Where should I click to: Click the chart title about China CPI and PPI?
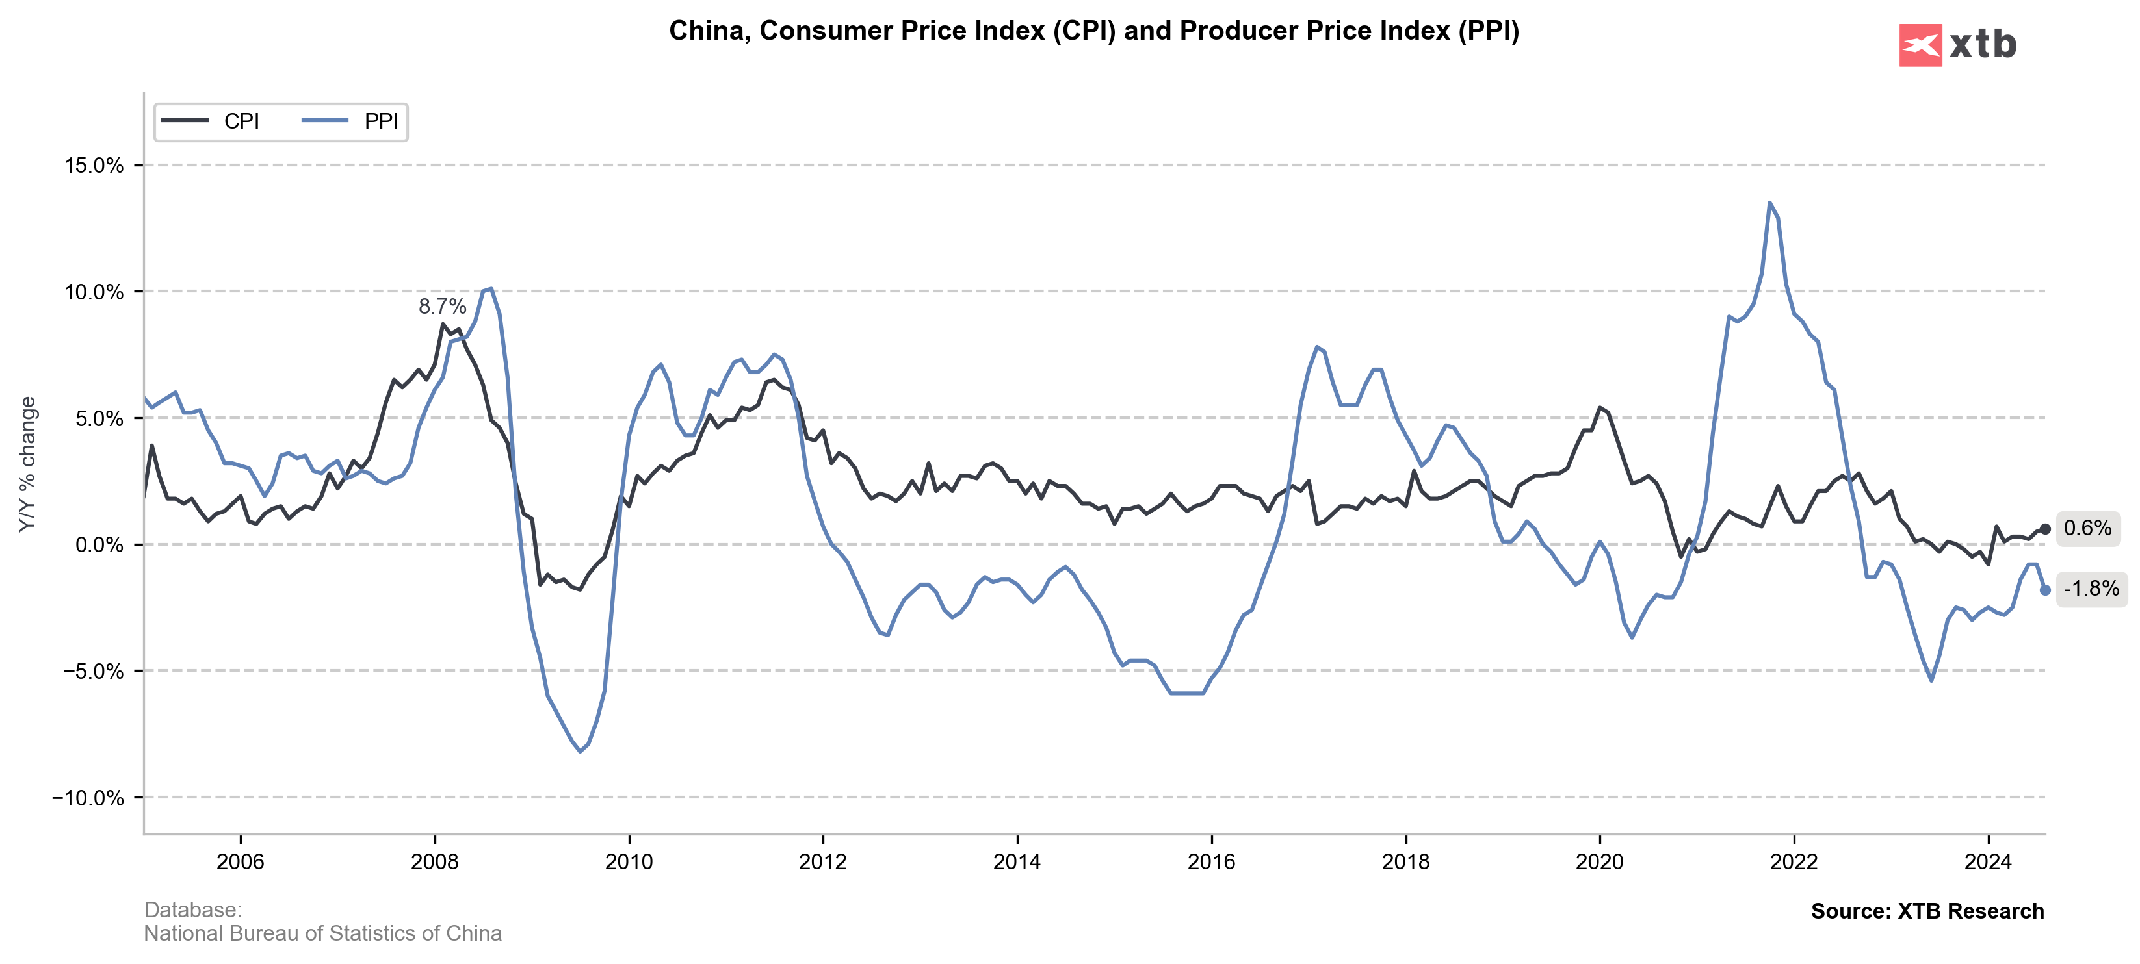1094,31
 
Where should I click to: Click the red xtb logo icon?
1920,45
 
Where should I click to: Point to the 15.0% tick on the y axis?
94,165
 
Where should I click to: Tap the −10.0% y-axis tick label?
88,798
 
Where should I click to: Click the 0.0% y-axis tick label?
99,545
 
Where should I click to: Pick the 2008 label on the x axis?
434,862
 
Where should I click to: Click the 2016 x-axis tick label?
1211,862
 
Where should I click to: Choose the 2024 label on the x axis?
1988,862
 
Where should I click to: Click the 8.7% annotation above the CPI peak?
442,307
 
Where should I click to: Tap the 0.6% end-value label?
2087,528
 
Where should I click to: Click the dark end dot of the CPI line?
2045,529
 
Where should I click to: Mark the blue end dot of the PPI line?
2045,590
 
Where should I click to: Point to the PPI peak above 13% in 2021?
1769,203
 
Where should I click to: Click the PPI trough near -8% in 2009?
580,752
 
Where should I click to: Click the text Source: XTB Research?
1927,911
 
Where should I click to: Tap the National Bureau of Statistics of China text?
322,933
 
